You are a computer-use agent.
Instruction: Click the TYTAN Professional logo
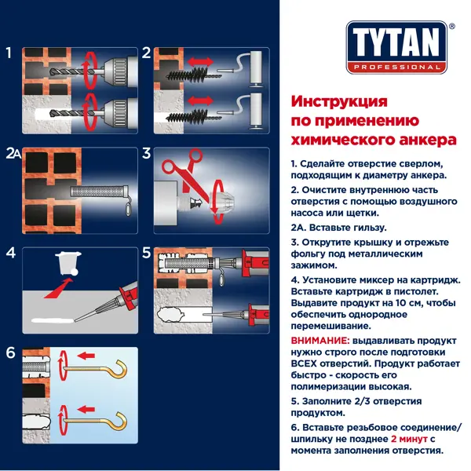click(396, 47)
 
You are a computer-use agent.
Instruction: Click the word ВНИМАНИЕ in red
click(320, 341)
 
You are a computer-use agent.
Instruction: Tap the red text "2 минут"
click(409, 439)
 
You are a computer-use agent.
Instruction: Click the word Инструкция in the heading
click(339, 101)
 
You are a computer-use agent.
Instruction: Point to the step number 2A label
click(13, 153)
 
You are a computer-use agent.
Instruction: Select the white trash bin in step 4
click(68, 263)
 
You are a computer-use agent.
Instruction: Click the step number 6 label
click(10, 352)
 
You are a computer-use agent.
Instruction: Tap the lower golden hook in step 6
click(96, 421)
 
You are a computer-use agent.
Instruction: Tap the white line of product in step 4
click(53, 321)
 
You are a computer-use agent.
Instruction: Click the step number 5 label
click(146, 253)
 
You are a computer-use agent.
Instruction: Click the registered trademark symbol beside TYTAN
click(452, 27)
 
